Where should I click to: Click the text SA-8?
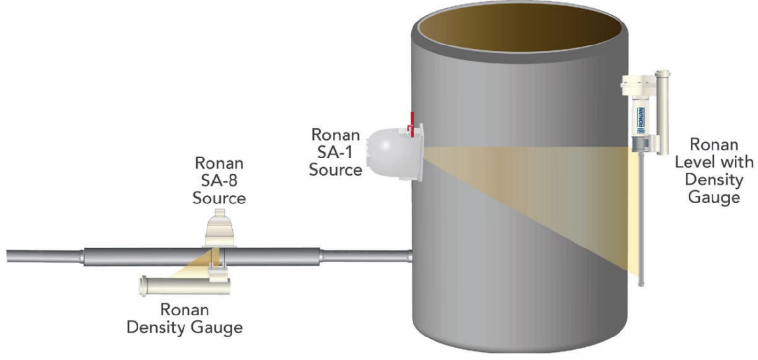click(x=219, y=180)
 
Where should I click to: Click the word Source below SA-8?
click(x=219, y=198)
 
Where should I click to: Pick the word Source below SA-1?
click(x=336, y=170)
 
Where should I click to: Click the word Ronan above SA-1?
click(x=336, y=134)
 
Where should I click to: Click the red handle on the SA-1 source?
click(x=412, y=124)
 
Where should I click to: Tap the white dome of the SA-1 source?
click(x=387, y=152)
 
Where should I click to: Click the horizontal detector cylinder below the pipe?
click(x=186, y=286)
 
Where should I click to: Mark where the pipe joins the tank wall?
click(x=410, y=255)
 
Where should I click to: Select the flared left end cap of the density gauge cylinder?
click(x=144, y=286)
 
